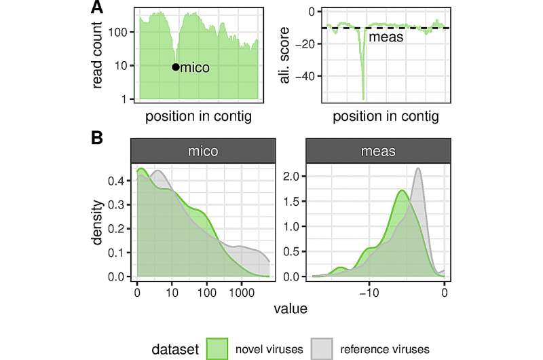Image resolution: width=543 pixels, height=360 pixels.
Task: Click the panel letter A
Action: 98,9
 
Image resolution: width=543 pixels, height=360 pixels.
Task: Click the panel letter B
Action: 98,138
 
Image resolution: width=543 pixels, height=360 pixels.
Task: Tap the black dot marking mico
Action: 176,67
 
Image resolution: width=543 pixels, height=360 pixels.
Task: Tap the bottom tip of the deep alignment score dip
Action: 364,98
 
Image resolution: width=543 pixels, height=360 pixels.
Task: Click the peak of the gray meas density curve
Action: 418,168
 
